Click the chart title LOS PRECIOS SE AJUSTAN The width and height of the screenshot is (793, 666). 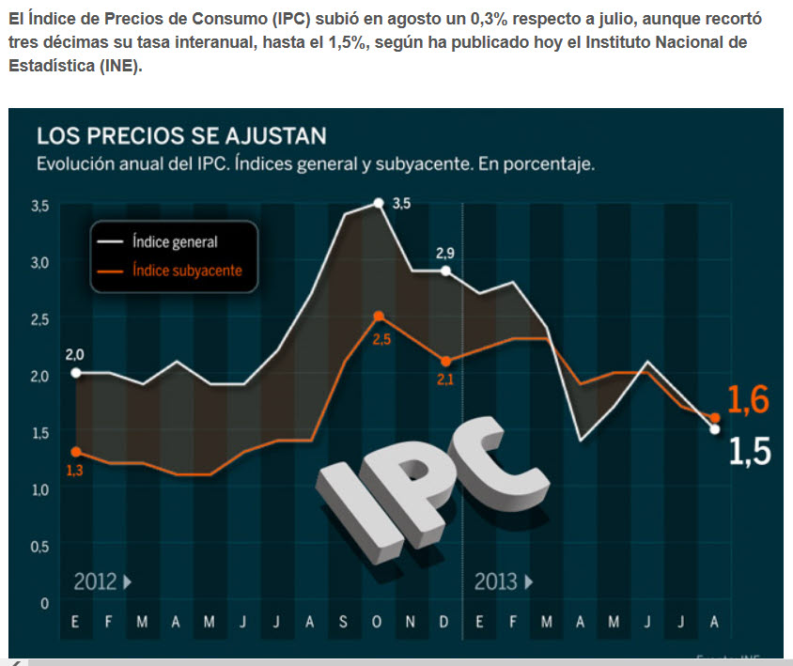(x=181, y=135)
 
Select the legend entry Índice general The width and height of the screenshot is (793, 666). (x=174, y=241)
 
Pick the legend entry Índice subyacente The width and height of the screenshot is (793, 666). (x=186, y=271)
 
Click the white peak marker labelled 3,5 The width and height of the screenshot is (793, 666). (x=378, y=203)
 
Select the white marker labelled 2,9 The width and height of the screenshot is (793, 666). (x=446, y=271)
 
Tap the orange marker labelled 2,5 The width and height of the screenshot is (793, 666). (x=378, y=317)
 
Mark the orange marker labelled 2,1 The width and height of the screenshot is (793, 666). (x=446, y=362)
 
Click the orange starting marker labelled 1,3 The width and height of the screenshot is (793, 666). (x=75, y=452)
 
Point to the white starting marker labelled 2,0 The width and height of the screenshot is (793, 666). (x=75, y=373)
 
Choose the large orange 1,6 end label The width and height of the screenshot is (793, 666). (x=748, y=401)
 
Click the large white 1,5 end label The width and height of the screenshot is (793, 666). (x=749, y=453)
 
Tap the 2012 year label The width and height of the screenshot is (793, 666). (x=95, y=581)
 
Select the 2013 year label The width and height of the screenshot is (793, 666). (x=496, y=581)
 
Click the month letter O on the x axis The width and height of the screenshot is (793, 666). (x=377, y=622)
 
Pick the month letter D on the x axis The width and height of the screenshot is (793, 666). (x=445, y=622)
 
